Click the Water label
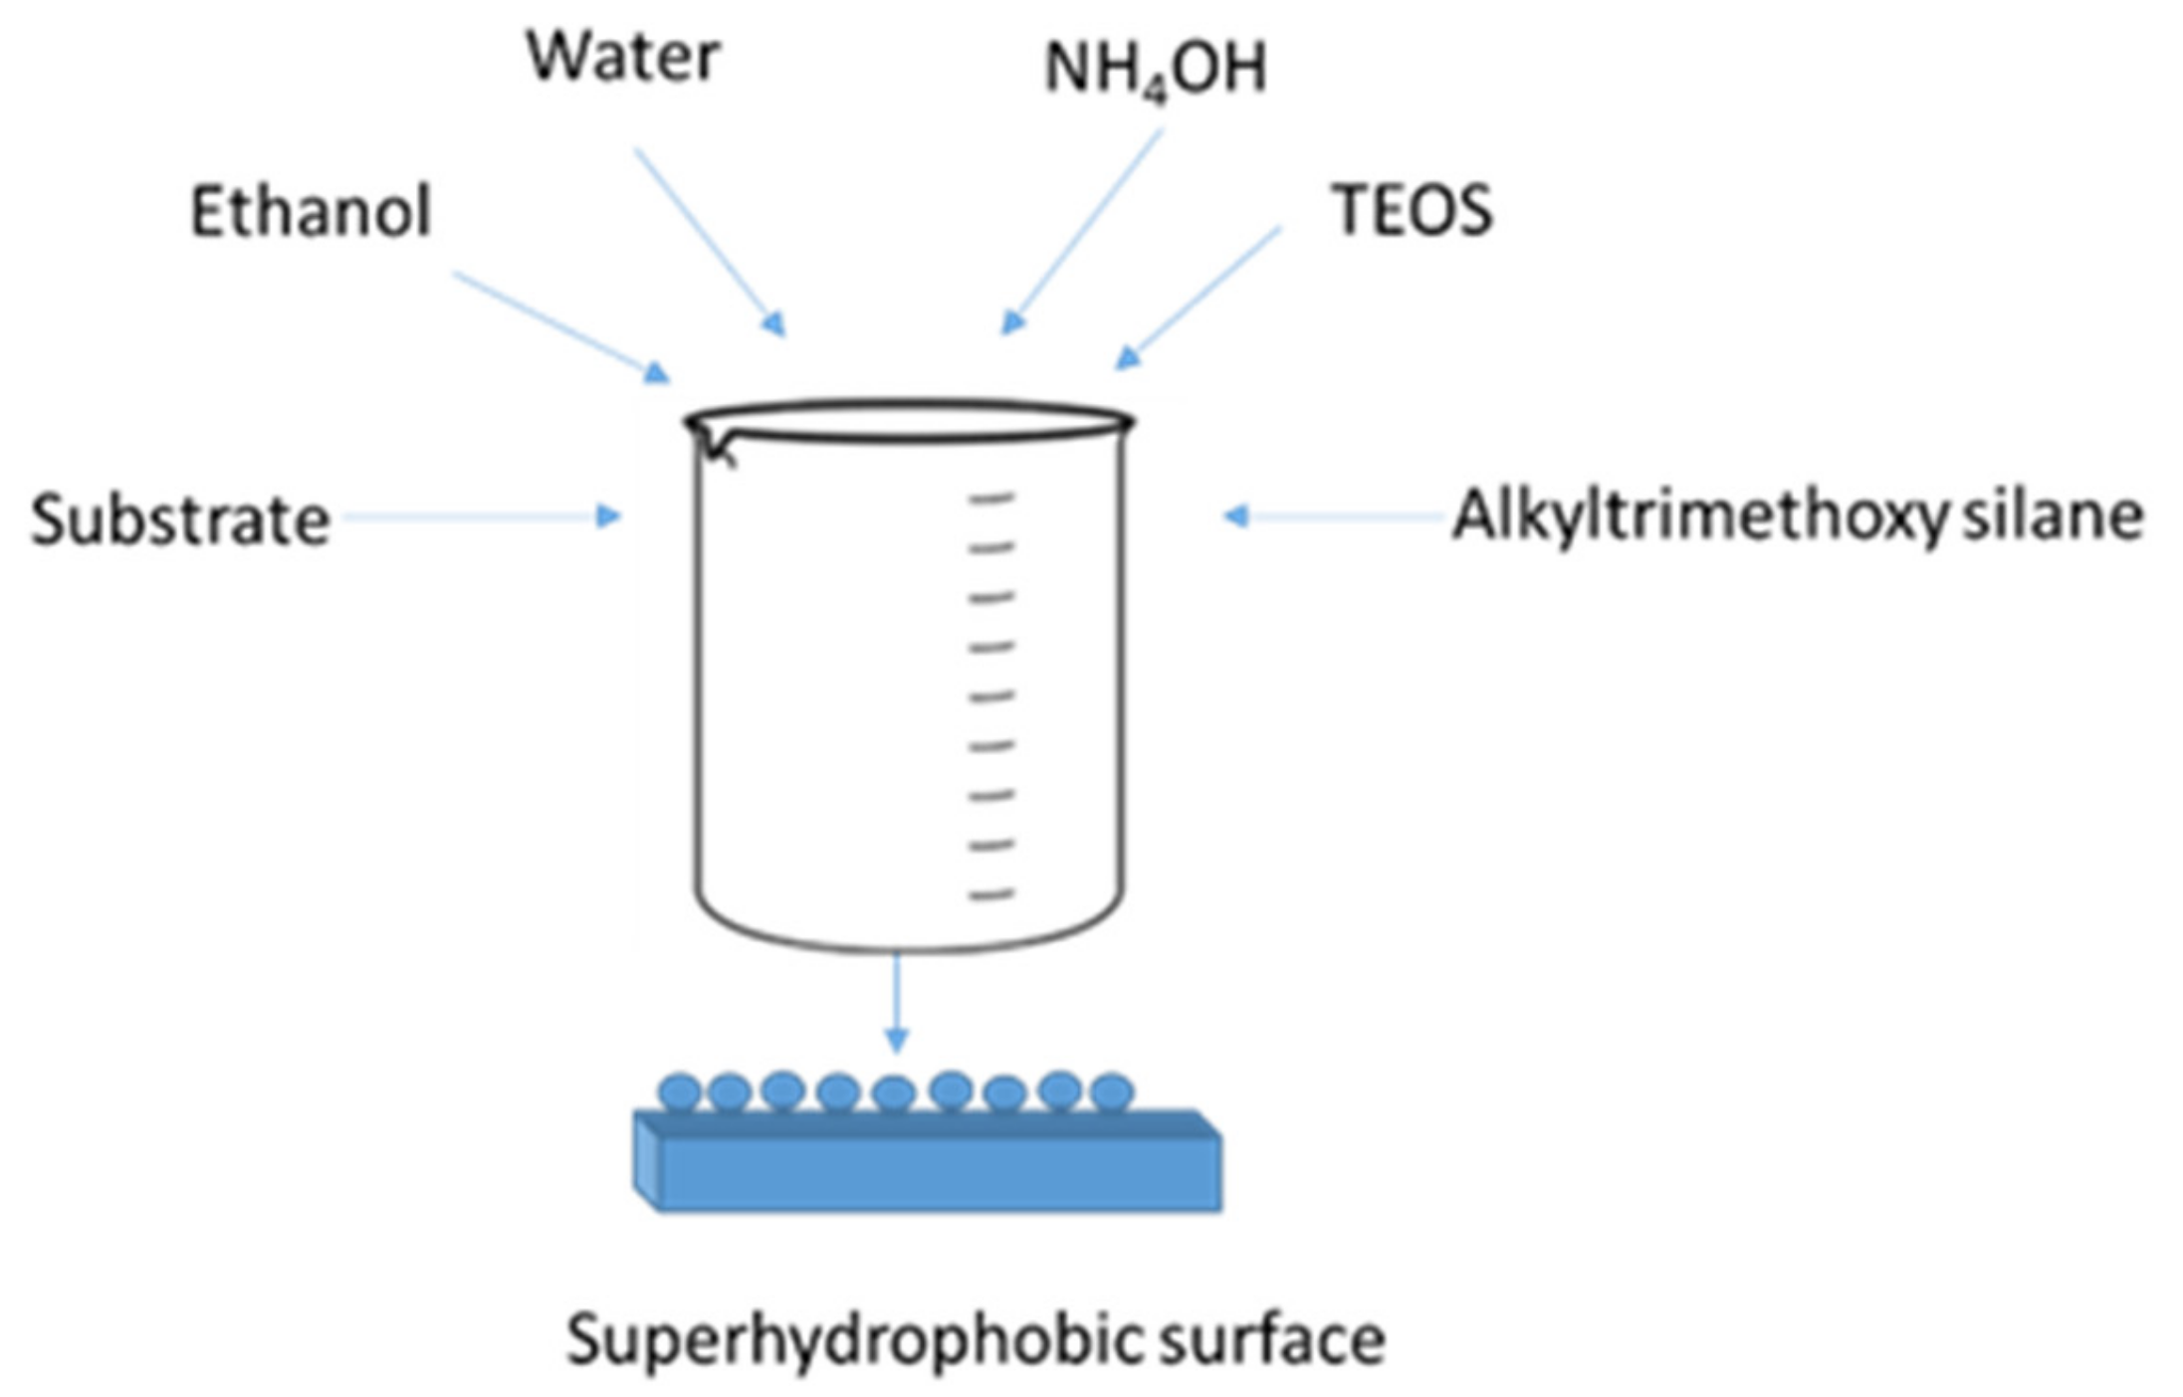pos(622,57)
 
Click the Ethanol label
pos(311,212)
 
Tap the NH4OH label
pos(1155,70)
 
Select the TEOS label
pos(1412,211)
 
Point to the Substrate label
pos(180,520)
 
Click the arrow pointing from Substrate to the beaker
pos(483,516)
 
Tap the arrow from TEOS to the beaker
pos(1200,298)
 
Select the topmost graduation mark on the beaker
pos(991,498)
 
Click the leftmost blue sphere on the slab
pos(681,1092)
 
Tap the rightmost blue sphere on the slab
pos(1112,1092)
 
